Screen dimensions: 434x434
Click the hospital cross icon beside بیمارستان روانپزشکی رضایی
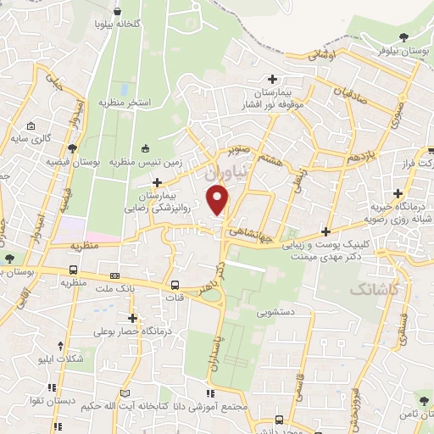[x=157, y=182]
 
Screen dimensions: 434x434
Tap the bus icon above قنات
[x=175, y=285]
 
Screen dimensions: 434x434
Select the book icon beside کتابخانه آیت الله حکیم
[x=125, y=394]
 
